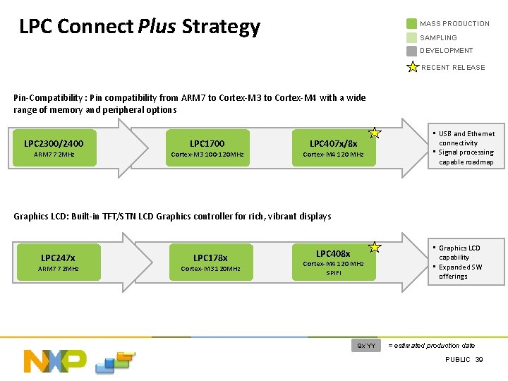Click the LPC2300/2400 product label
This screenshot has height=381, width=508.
pyautogui.click(x=54, y=144)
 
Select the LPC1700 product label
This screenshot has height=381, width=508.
pyautogui.click(x=207, y=144)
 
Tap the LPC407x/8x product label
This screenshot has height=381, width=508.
pyautogui.click(x=334, y=144)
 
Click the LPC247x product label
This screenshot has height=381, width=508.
pyautogui.click(x=58, y=258)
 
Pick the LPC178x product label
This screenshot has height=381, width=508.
pyautogui.click(x=210, y=258)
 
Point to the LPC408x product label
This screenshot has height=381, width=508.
pyautogui.click(x=333, y=253)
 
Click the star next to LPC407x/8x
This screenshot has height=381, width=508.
pyautogui.click(x=375, y=133)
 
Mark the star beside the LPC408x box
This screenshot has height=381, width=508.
pyautogui.click(x=375, y=247)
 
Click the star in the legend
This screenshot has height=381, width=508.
pyautogui.click(x=413, y=67)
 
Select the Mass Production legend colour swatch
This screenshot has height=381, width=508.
pyautogui.click(x=411, y=24)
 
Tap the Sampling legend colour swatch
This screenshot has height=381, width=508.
pyautogui.click(x=411, y=37)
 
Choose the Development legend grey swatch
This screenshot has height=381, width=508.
pyautogui.click(x=411, y=51)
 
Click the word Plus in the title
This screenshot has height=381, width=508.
pyautogui.click(x=158, y=27)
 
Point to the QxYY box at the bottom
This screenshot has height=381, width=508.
pyautogui.click(x=367, y=346)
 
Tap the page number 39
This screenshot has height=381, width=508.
pyautogui.click(x=479, y=360)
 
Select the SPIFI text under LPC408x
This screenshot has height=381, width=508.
pyautogui.click(x=333, y=273)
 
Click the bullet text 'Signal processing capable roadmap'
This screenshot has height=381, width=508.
pyautogui.click(x=466, y=157)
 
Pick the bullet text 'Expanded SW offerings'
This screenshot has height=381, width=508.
pyautogui.click(x=460, y=272)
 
